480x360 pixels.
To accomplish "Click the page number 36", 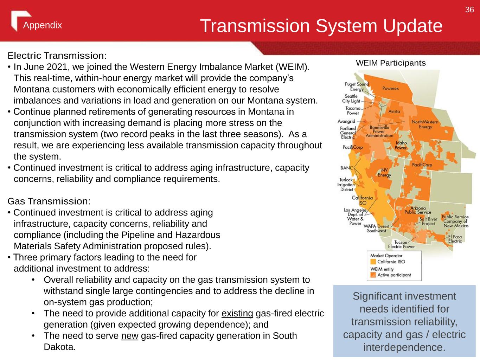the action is coord(469,9).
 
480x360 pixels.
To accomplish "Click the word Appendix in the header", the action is coord(43,25).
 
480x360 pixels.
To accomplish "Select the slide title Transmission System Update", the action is coord(321,26).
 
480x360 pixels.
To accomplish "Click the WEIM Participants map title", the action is coord(391,63).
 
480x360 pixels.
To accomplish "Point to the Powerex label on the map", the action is coord(391,88).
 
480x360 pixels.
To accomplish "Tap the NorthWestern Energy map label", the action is coord(425,124).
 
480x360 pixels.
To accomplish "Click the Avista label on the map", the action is coord(394,111).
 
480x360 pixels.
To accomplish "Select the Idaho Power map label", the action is coord(401,145).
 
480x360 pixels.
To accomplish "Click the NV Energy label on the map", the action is coord(384,173).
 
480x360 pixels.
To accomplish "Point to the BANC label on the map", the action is coord(347,168).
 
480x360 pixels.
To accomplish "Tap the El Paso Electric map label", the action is coord(455,239).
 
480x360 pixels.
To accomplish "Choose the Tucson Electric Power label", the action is coord(402,244).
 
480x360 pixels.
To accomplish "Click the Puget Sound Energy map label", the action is coord(357,86).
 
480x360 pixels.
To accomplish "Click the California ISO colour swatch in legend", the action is coord(373,262).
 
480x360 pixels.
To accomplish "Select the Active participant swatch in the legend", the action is coord(373,275).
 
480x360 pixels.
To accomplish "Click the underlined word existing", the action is coord(237,314).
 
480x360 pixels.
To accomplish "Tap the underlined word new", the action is coord(130,336).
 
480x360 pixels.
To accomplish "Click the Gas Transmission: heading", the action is coord(49,201).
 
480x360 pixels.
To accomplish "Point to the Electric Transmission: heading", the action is coord(57,56).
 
